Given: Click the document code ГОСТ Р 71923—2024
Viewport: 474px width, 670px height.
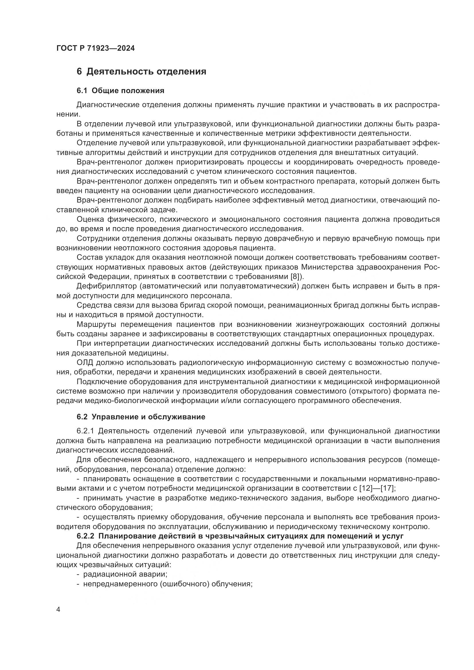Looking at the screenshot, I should [95, 48].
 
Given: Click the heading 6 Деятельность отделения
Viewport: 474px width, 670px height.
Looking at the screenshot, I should [141, 72].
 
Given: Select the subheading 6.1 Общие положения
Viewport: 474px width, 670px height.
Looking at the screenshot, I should [120, 91].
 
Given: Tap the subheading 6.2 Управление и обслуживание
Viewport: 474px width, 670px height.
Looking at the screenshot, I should [141, 417].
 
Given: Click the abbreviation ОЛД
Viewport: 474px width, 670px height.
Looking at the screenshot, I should [85, 363].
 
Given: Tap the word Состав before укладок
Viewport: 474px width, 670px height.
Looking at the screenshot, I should [88, 258].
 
